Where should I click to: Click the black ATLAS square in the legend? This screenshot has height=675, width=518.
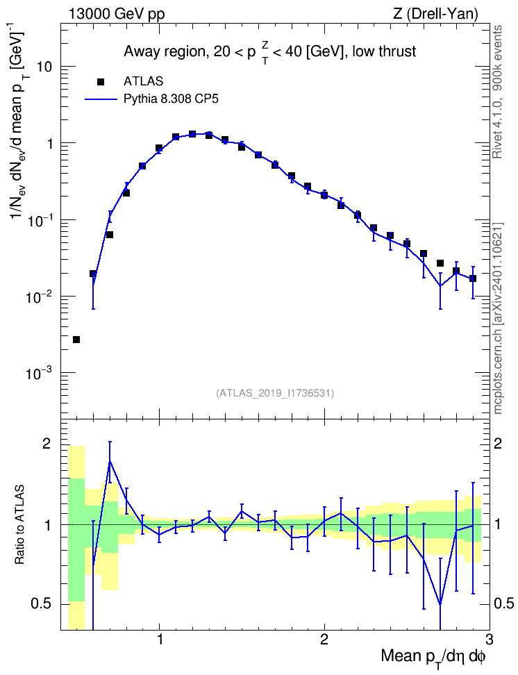(101, 82)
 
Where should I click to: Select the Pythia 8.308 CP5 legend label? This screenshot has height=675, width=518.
(171, 99)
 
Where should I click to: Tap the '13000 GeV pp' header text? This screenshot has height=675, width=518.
(116, 15)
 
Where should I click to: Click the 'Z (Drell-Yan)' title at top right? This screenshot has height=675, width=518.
(435, 15)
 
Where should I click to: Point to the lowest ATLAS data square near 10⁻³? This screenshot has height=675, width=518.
(76, 340)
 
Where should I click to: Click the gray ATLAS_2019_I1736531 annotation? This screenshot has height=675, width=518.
(274, 393)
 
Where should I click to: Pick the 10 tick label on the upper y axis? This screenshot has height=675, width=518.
(44, 67)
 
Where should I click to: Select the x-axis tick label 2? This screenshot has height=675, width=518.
(324, 640)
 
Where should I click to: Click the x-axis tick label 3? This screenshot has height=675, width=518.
(489, 640)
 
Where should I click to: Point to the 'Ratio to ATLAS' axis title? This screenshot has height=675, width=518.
(19, 525)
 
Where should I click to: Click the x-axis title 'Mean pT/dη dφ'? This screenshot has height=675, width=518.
(433, 658)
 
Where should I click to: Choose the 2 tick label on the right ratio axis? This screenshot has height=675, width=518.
(498, 444)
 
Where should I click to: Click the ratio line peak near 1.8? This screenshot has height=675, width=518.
(110, 461)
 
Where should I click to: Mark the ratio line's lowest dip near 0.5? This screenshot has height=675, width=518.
(440, 604)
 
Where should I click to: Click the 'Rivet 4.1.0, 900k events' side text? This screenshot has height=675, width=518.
(498, 92)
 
